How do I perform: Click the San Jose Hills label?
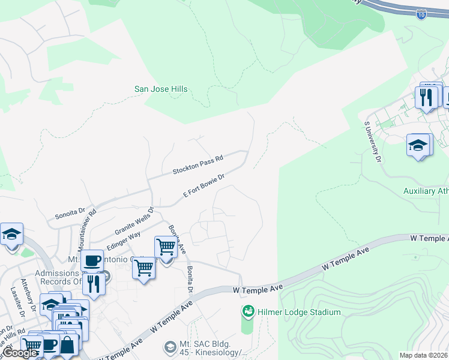(160, 89)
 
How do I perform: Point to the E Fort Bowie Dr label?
(203, 185)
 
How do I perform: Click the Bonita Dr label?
(190, 280)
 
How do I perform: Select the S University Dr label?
(372, 142)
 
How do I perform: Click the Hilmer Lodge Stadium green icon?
(247, 311)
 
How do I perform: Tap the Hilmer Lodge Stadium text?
(300, 312)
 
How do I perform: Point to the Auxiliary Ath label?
(426, 191)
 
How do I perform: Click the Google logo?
(20, 353)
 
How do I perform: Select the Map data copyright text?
(423, 355)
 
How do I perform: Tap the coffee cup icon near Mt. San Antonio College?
(92, 261)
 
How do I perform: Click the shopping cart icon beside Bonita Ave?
(165, 246)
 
